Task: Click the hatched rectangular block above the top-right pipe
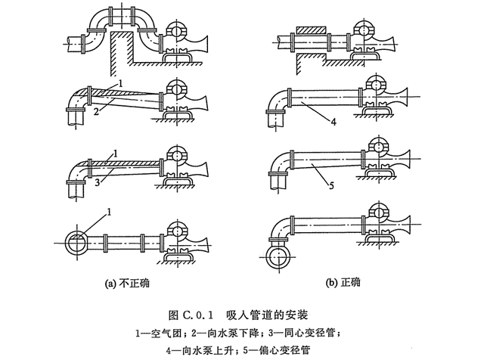312,31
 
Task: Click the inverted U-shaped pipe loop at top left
120,22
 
